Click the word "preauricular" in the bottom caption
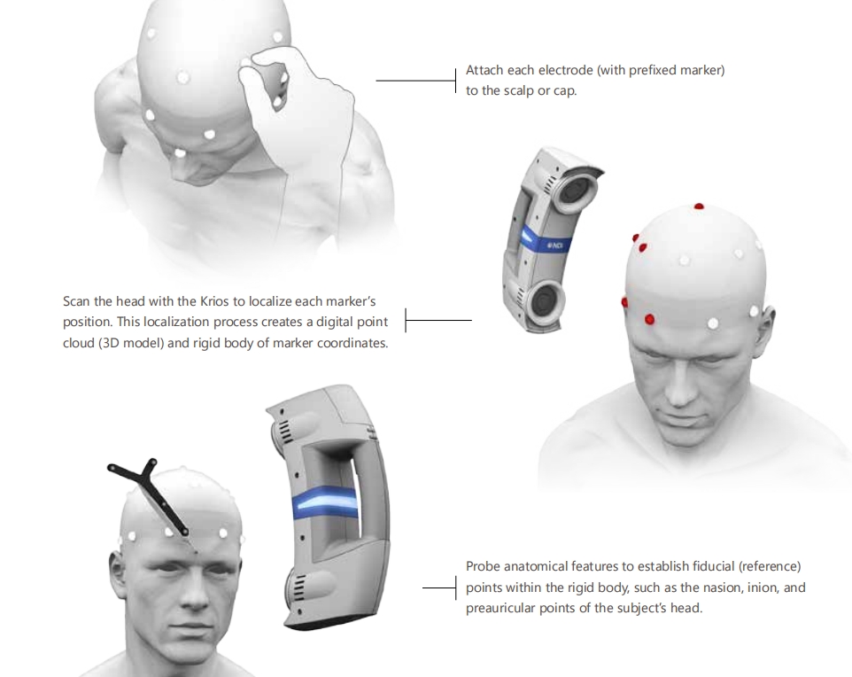click(500, 608)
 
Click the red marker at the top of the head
click(699, 206)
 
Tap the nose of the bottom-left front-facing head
click(193, 593)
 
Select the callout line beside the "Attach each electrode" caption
click(416, 81)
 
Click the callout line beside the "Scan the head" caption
click(438, 320)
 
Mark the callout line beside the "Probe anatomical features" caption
click(439, 588)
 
